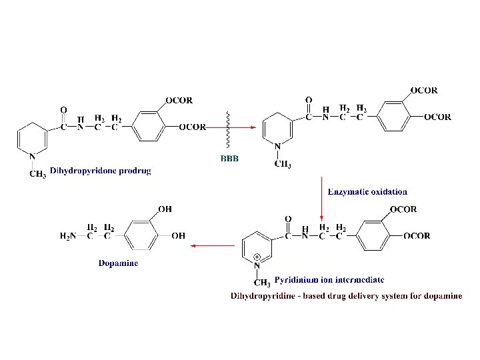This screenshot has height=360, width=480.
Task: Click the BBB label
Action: tap(229, 158)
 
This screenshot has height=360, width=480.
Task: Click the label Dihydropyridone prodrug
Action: tap(101, 171)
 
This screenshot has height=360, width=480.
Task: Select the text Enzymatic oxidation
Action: tap(367, 192)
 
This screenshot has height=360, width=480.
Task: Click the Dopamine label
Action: tap(119, 263)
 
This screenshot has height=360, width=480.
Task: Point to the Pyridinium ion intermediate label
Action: tap(329, 280)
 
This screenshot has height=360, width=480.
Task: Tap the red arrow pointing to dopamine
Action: tap(213, 245)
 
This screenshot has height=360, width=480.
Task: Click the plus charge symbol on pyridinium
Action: tap(257, 257)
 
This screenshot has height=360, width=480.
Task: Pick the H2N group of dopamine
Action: tap(69, 235)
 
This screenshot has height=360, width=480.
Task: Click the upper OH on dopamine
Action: tap(165, 209)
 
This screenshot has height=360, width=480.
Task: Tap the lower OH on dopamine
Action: tap(178, 235)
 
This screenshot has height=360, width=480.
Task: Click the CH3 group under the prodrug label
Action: tap(39, 175)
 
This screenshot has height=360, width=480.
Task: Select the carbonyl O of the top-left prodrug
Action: tap(63, 109)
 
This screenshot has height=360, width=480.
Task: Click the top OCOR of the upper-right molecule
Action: tap(424, 90)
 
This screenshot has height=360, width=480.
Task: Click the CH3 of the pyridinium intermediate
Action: tap(262, 283)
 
